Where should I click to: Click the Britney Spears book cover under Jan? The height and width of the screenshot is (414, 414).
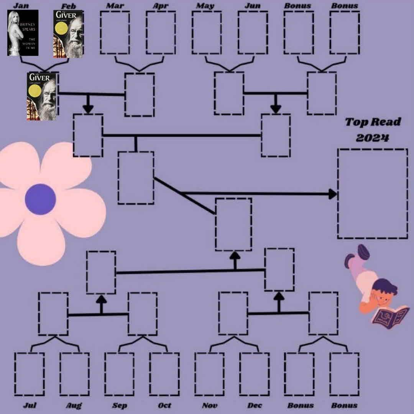click(23, 33)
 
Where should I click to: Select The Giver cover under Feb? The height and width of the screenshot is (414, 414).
click(68, 34)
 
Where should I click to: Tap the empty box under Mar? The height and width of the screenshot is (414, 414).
click(115, 33)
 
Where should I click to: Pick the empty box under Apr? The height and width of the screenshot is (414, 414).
click(161, 33)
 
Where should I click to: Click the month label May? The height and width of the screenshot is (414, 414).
click(205, 6)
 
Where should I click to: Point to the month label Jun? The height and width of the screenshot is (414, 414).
click(252, 6)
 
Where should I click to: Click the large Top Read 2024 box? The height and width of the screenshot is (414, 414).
click(373, 194)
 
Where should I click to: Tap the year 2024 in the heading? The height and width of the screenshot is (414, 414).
click(372, 138)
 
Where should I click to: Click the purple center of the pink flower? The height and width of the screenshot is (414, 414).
click(40, 199)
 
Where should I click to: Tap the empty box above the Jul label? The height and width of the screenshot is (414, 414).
click(30, 374)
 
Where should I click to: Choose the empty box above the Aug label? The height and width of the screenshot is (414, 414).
click(74, 374)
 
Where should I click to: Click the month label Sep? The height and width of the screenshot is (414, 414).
click(120, 405)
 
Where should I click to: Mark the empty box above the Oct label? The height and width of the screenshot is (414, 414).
click(164, 374)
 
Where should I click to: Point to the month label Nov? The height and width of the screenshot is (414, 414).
click(209, 405)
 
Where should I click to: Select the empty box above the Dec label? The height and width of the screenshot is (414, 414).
click(254, 374)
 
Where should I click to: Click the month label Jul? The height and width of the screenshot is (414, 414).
click(30, 405)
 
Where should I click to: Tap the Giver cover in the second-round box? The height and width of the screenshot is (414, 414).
click(42, 96)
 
